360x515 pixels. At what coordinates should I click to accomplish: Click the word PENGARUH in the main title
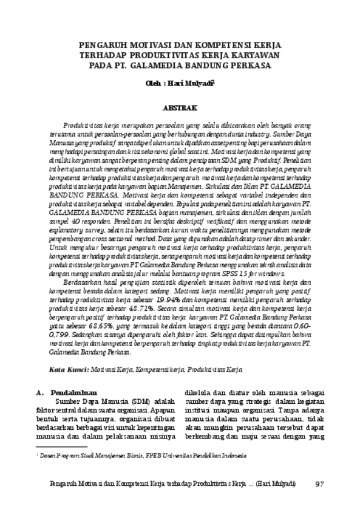pyautogui.click(x=104, y=44)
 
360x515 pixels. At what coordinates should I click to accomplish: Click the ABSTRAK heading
pyautogui.click(x=180, y=107)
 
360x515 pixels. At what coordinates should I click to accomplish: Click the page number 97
pyautogui.click(x=321, y=483)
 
